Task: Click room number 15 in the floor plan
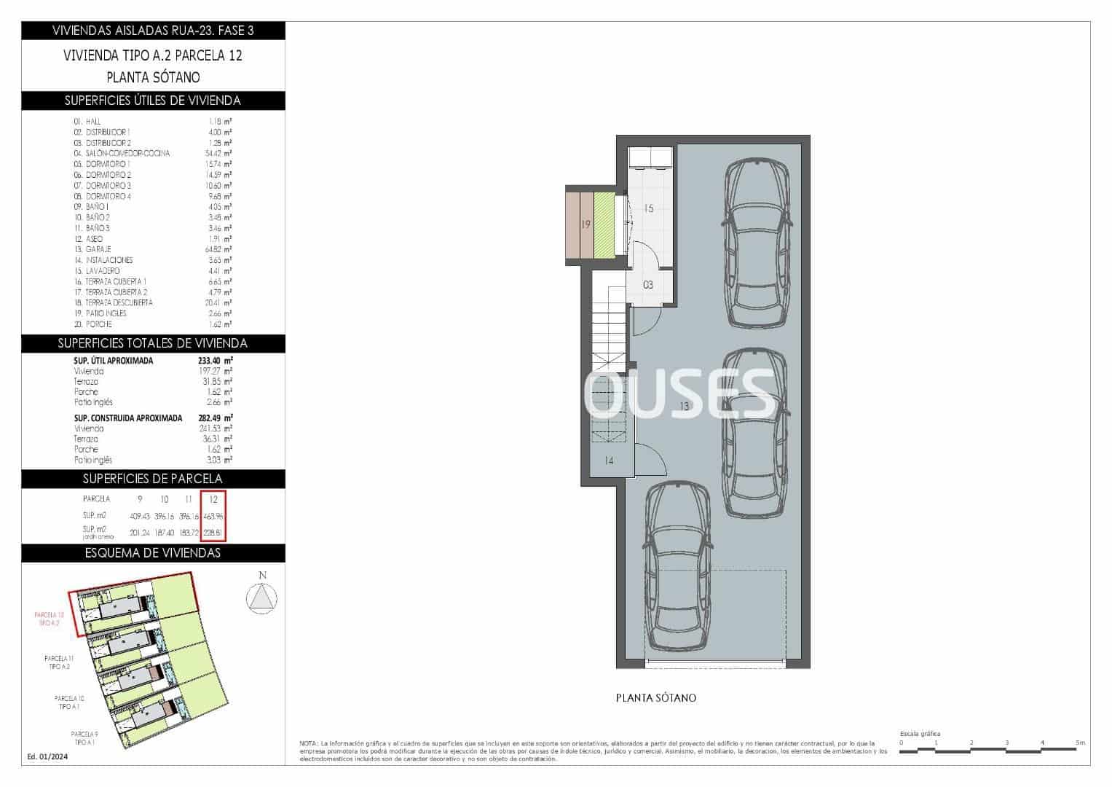pyautogui.click(x=648, y=208)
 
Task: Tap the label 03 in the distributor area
pyautogui.click(x=648, y=285)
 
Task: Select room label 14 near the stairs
pyautogui.click(x=609, y=461)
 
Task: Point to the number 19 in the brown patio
pyautogui.click(x=585, y=224)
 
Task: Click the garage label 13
pyautogui.click(x=684, y=407)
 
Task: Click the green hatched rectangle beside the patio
pyautogui.click(x=604, y=224)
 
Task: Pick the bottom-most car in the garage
pyautogui.click(x=677, y=566)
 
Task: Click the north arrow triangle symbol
pyautogui.click(x=262, y=598)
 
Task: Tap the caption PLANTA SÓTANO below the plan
pyautogui.click(x=656, y=698)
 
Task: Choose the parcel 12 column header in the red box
pyautogui.click(x=213, y=499)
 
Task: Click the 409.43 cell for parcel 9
pyautogui.click(x=140, y=516)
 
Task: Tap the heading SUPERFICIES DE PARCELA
pyautogui.click(x=153, y=479)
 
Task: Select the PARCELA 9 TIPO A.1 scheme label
pyautogui.click(x=84, y=737)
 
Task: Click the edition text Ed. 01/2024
pyautogui.click(x=47, y=756)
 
